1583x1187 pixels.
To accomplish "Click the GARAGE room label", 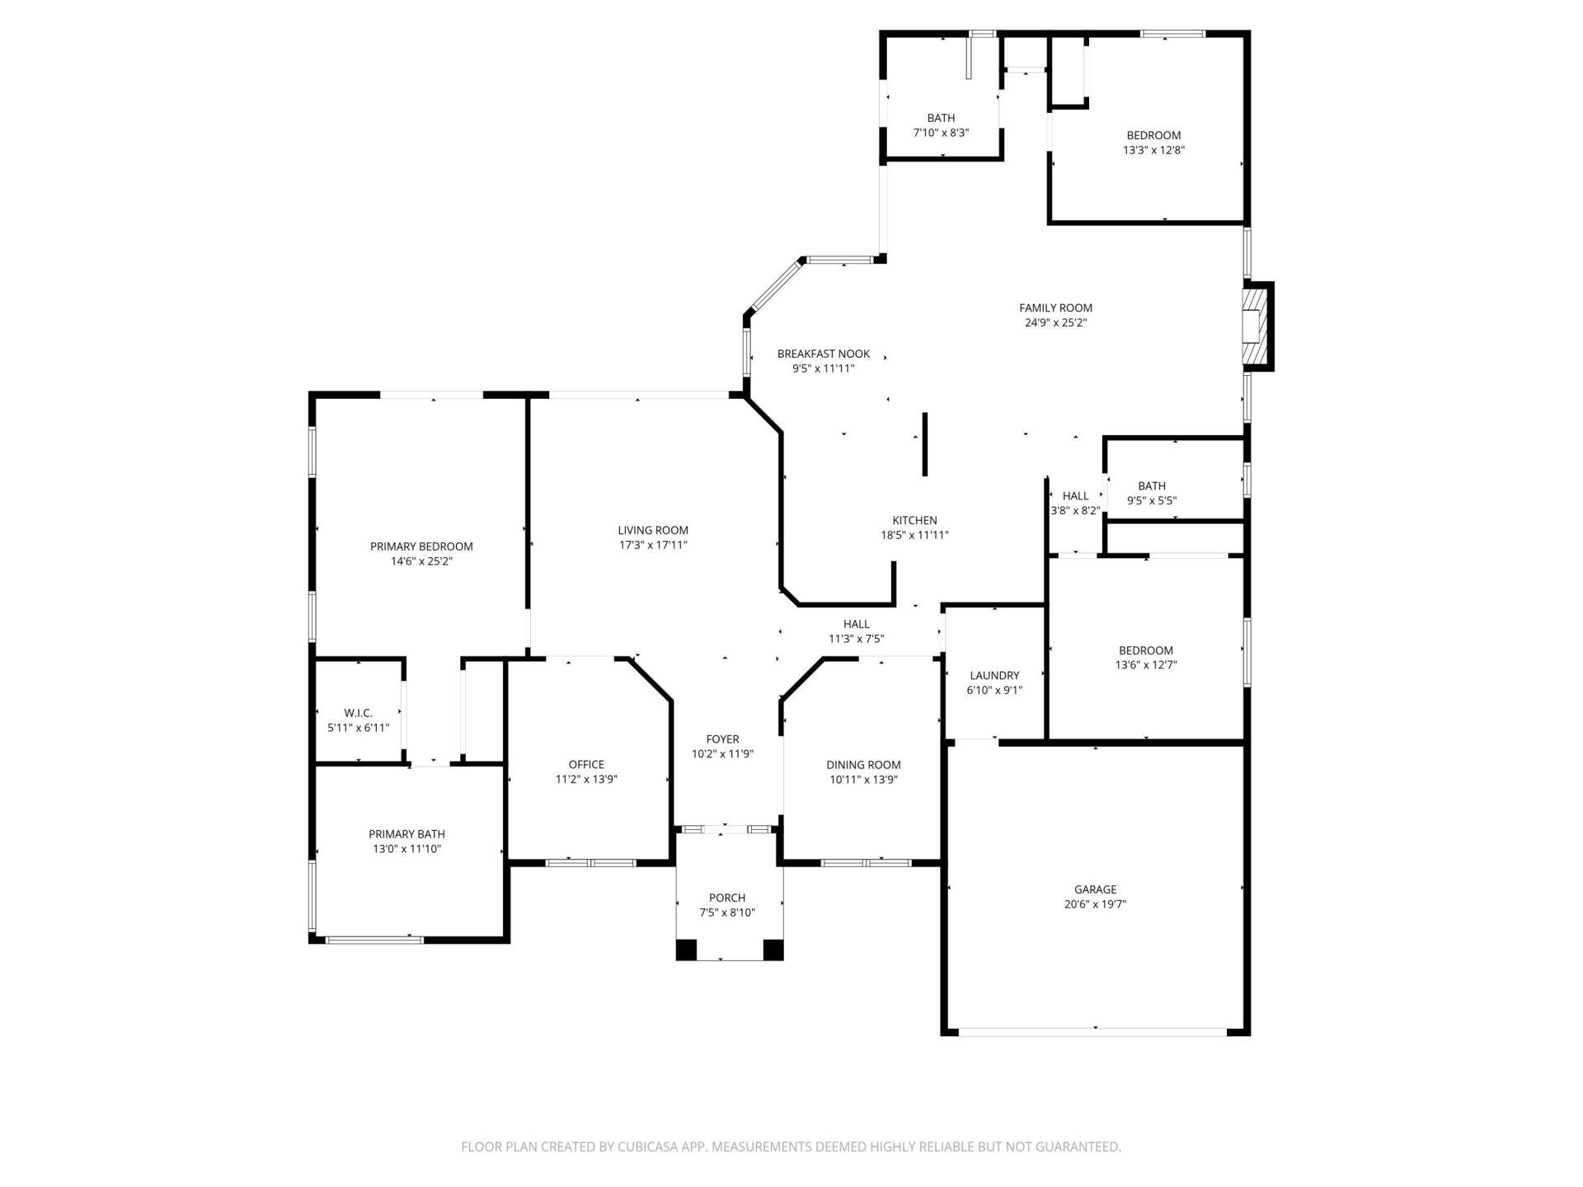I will [x=1095, y=889].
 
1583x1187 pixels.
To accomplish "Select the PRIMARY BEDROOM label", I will [x=421, y=547].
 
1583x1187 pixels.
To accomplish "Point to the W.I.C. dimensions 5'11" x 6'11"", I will [x=358, y=728].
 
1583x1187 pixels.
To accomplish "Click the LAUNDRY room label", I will [x=994, y=675].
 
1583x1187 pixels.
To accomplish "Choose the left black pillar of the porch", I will [x=686, y=950].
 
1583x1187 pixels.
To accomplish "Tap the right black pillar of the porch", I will [x=773, y=950].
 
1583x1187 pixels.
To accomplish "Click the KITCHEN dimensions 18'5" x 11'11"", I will [x=914, y=535].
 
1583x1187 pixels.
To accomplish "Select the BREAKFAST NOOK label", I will [x=823, y=354].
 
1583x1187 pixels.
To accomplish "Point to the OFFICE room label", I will [x=586, y=764].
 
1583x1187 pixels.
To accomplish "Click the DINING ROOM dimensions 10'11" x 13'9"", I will [x=863, y=779].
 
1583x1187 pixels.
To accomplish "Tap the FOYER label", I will [x=722, y=739].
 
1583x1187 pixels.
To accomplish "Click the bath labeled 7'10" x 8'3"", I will [x=940, y=125].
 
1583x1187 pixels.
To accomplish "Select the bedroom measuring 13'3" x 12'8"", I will [x=1153, y=143].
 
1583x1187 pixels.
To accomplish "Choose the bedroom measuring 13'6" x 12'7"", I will [x=1145, y=658].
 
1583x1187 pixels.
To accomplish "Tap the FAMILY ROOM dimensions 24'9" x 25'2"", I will [x=1055, y=323].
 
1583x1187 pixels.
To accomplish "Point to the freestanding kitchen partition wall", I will [x=925, y=444].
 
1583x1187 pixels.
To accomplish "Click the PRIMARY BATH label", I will [x=406, y=834].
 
